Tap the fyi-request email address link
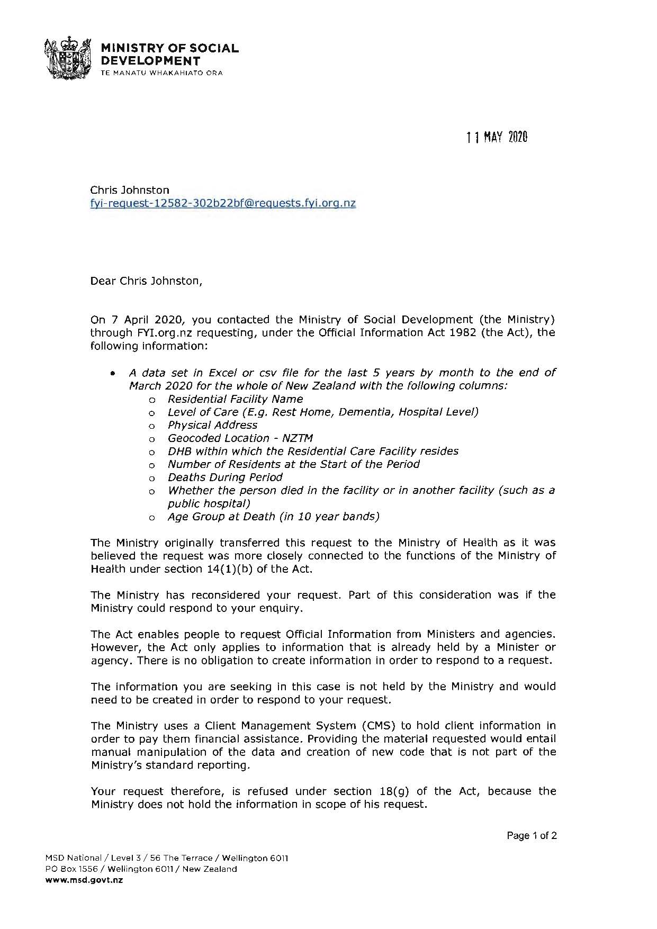[223, 203]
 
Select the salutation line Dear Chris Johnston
[146, 281]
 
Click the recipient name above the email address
[130, 190]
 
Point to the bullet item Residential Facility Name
[235, 399]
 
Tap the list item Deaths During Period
[225, 477]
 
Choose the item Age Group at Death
[273, 517]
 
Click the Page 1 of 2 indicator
[532, 836]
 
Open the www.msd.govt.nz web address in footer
[84, 880]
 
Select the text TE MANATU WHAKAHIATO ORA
[161, 73]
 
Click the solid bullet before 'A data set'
[113, 373]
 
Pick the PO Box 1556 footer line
[141, 869]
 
